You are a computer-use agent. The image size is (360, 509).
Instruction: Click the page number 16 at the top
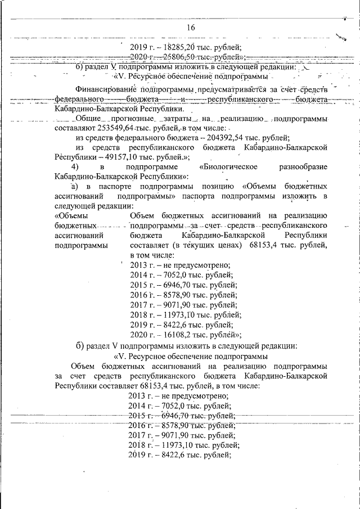[x=191, y=28]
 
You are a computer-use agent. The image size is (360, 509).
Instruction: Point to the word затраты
[x=177, y=119]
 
